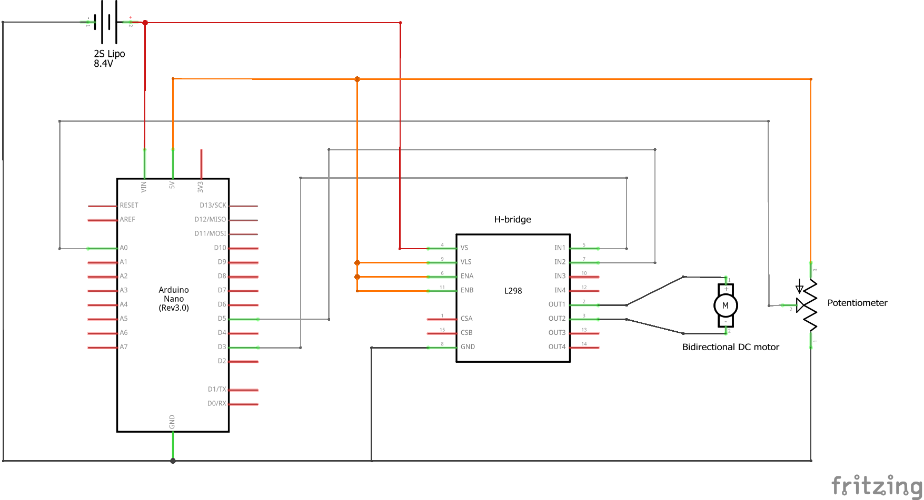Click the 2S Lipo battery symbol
(x=109, y=22)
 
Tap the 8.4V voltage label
(x=103, y=64)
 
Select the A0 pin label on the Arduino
(x=124, y=248)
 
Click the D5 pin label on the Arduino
(x=222, y=319)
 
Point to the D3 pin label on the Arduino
(x=222, y=347)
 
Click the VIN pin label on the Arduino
(x=144, y=186)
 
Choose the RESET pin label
(x=129, y=205)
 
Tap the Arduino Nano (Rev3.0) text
(x=174, y=299)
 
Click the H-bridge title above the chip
(x=512, y=219)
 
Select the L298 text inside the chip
(x=513, y=291)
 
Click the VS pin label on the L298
(x=464, y=248)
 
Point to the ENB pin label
(x=467, y=290)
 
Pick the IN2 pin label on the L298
(x=560, y=262)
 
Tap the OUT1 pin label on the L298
(x=557, y=304)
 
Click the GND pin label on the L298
(x=468, y=347)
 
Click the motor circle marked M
(x=726, y=305)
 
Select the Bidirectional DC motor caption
(x=730, y=347)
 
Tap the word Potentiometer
(x=857, y=303)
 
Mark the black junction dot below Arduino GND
(x=173, y=461)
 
